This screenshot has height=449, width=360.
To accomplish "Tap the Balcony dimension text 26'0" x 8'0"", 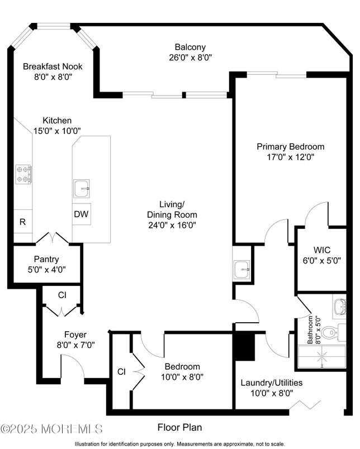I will (x=190, y=57).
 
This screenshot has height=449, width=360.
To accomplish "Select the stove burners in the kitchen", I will (x=23, y=174).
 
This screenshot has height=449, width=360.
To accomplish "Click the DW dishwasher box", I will (x=80, y=214).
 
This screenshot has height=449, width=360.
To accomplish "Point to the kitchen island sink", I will (x=82, y=189).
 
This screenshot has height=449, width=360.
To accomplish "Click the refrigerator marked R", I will (x=22, y=222).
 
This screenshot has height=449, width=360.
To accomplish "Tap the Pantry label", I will (x=46, y=259).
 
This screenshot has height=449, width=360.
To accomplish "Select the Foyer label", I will (x=75, y=335).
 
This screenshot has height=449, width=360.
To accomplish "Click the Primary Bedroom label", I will (x=290, y=147).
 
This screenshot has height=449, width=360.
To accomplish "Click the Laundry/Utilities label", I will (x=272, y=383).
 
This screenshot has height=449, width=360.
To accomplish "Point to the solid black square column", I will (x=244, y=346).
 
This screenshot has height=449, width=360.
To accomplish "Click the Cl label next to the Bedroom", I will (x=121, y=371).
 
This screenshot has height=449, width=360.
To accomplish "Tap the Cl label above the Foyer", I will (x=62, y=295).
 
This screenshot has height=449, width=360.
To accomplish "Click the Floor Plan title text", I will (x=179, y=427).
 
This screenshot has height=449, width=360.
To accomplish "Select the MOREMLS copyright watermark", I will (x=51, y=429).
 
